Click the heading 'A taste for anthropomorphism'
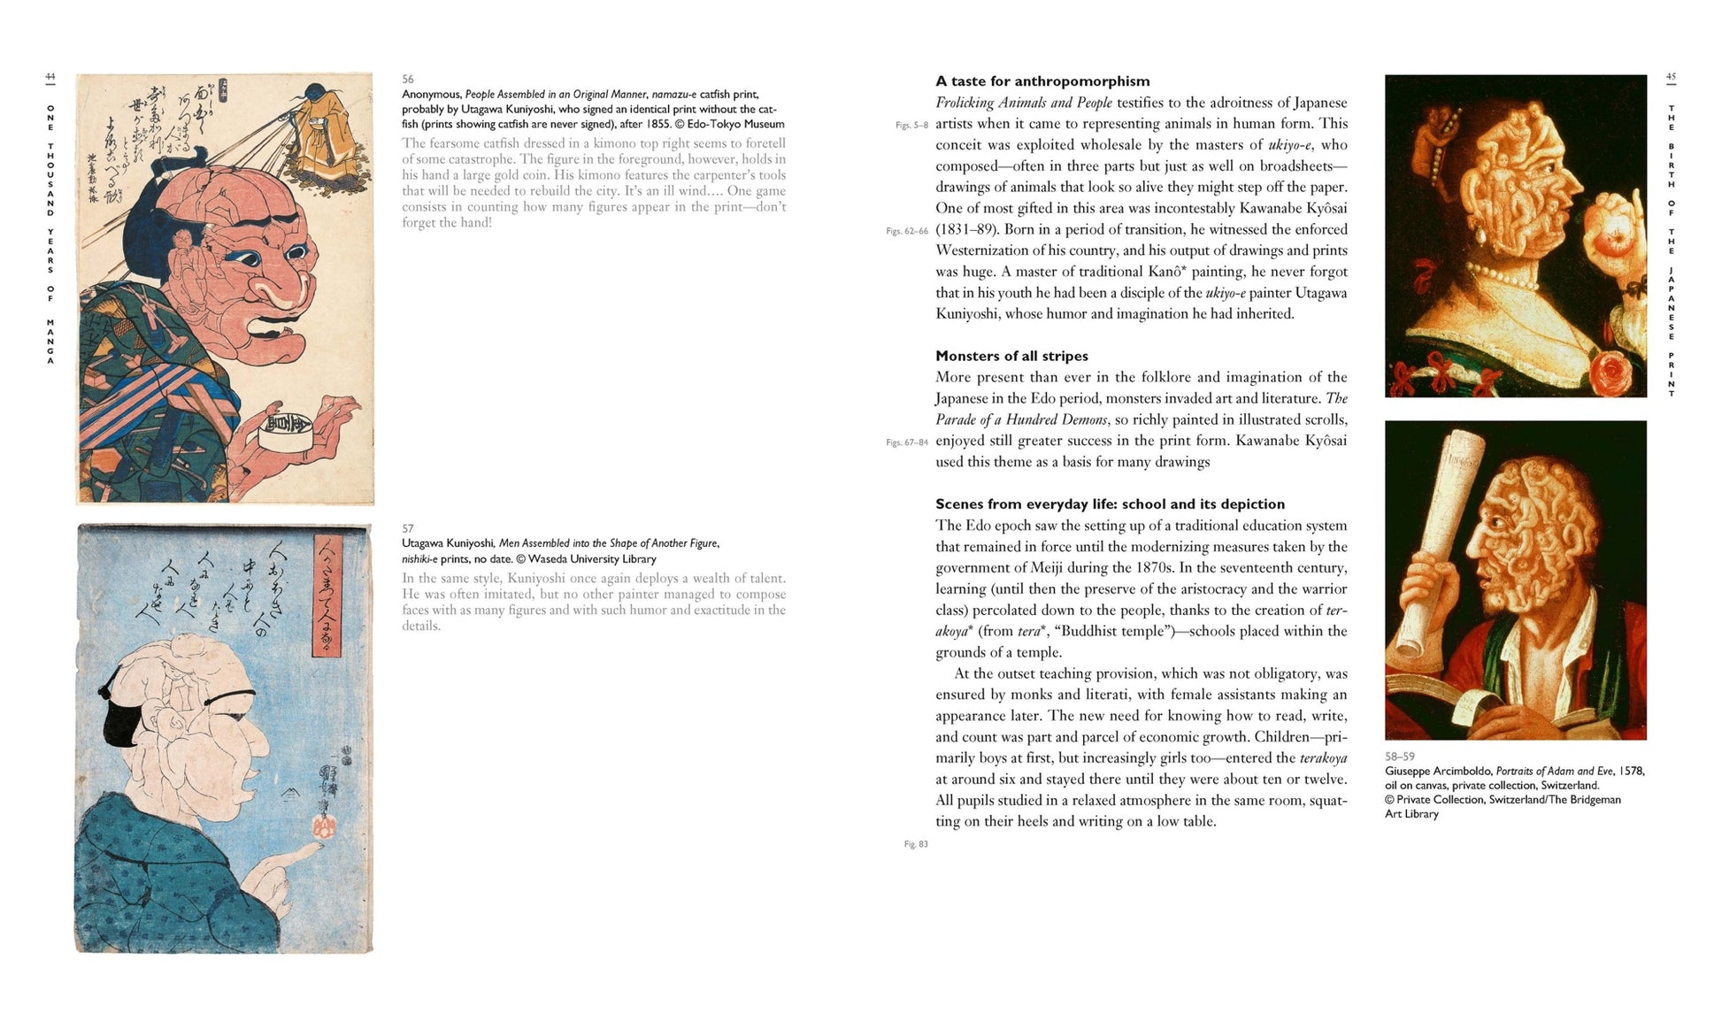click(x=1042, y=81)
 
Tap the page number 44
click(x=50, y=78)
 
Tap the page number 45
click(x=1671, y=78)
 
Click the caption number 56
click(x=408, y=80)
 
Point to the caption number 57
click(x=408, y=529)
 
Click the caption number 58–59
click(x=1399, y=757)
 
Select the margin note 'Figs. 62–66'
click(x=907, y=231)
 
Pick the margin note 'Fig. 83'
click(x=916, y=844)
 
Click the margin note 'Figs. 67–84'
click(x=907, y=442)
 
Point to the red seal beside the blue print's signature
click(x=324, y=827)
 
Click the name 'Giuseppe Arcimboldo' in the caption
click(x=1438, y=772)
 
